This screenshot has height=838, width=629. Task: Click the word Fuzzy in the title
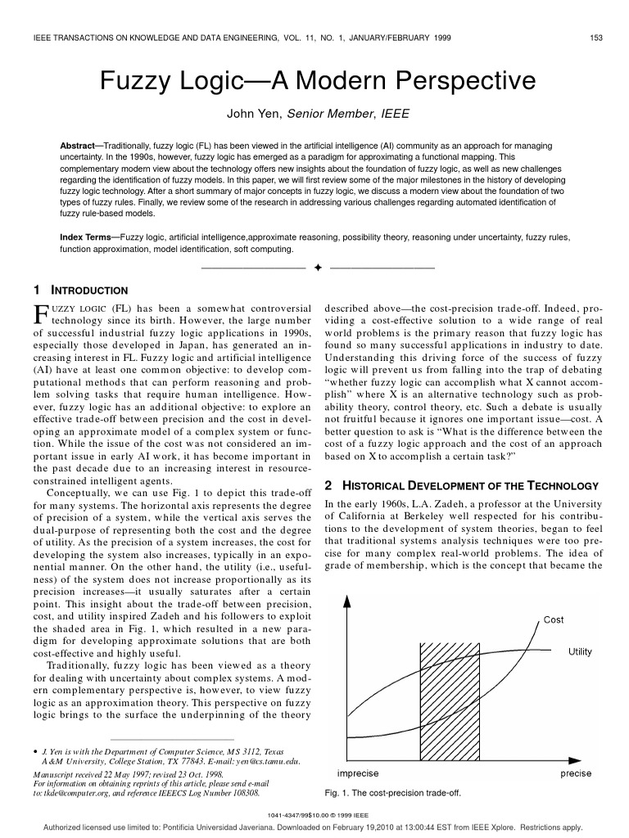[x=133, y=80]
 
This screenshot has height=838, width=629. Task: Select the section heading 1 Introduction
[x=80, y=290]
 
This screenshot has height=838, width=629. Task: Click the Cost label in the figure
[x=554, y=619]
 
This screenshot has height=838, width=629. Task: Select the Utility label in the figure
[x=580, y=652]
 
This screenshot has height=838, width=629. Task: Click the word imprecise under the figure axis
[x=358, y=773]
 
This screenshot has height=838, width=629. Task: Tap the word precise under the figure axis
[x=575, y=773]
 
